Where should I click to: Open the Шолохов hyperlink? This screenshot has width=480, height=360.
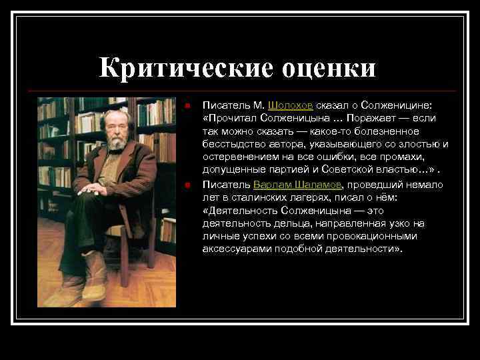[291, 105]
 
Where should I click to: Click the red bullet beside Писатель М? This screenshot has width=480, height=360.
[189, 105]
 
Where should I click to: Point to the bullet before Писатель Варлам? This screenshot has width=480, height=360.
[189, 185]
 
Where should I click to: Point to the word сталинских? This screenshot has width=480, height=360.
[256, 197]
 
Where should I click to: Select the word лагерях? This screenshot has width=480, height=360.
[311, 197]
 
